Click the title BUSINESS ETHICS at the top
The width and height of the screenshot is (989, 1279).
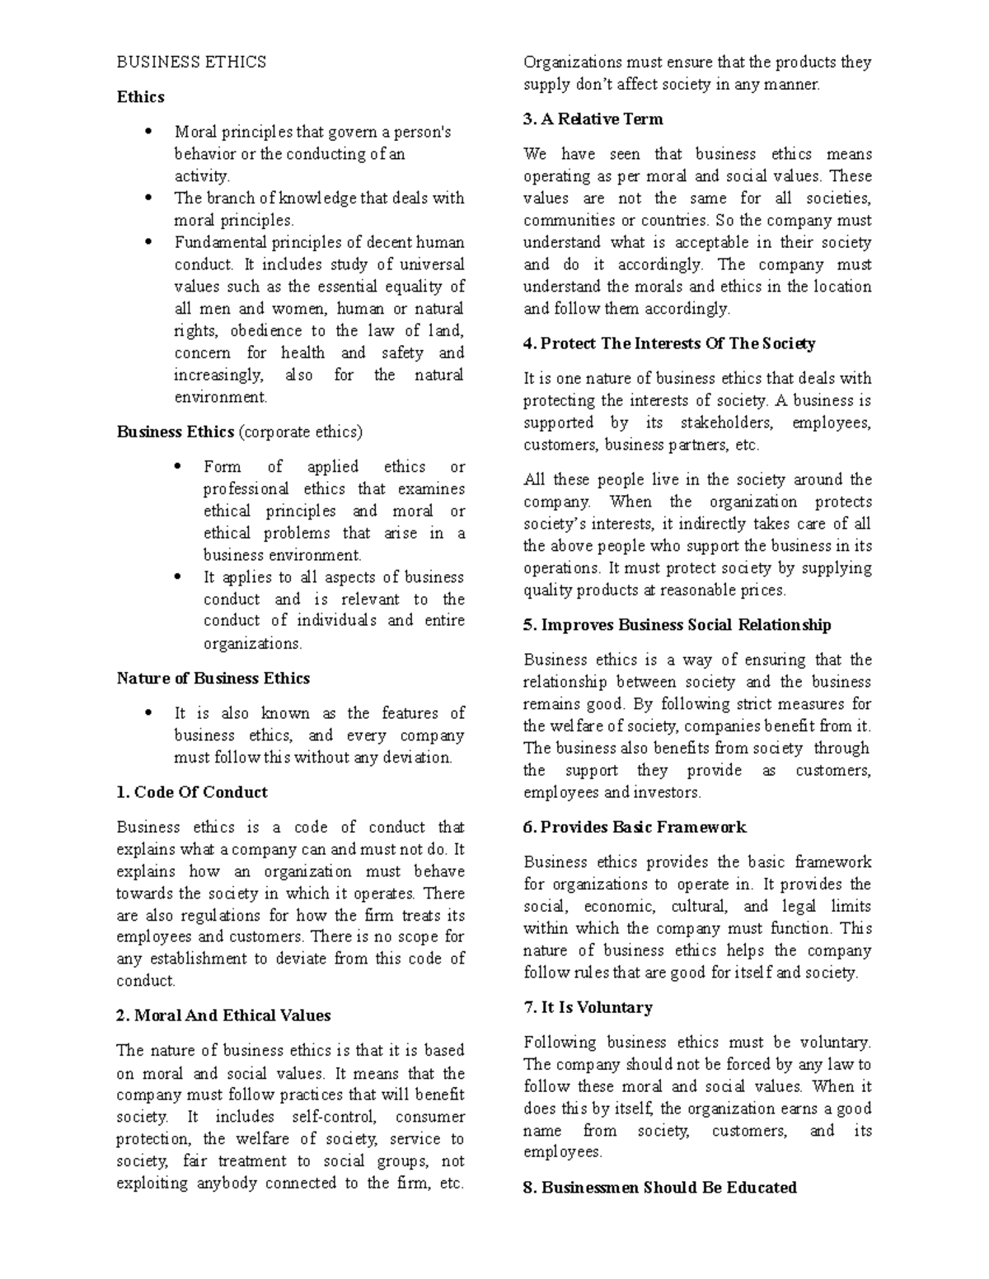(x=191, y=63)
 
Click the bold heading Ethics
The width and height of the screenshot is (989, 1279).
(x=140, y=97)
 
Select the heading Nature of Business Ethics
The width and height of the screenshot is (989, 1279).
(x=213, y=679)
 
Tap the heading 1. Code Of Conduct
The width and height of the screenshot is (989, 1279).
(x=192, y=792)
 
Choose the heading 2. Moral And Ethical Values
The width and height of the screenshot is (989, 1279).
(x=223, y=1015)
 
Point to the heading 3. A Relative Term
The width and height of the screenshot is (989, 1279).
(x=593, y=119)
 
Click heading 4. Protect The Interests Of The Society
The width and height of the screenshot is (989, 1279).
(x=669, y=343)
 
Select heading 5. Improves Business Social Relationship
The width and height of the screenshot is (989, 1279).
(x=677, y=625)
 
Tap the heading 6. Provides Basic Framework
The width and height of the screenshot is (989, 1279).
(x=635, y=828)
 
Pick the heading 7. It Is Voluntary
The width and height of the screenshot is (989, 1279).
(x=588, y=1007)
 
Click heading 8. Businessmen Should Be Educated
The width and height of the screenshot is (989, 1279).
(x=659, y=1188)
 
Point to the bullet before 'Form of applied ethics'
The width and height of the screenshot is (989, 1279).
(x=177, y=467)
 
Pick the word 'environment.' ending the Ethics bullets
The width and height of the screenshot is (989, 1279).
(x=221, y=398)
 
